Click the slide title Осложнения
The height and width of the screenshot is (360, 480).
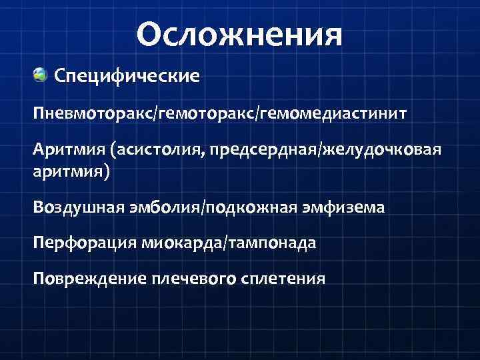(x=240, y=34)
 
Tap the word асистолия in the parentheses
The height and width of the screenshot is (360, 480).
(x=159, y=149)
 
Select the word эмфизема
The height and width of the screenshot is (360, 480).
(x=346, y=208)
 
